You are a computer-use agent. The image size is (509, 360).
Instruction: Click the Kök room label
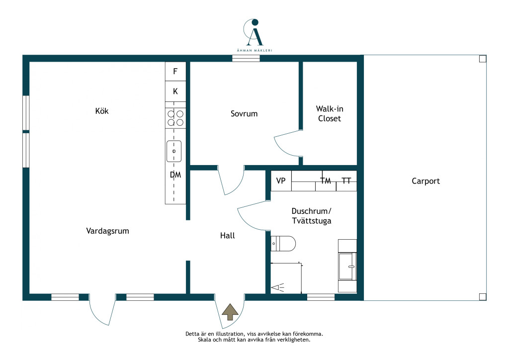point(102,111)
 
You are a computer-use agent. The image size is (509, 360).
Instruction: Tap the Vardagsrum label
point(107,231)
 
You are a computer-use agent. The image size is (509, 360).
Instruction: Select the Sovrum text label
point(244,113)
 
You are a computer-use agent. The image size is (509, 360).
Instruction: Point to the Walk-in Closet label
point(330,113)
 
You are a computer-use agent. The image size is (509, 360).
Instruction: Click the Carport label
point(425,181)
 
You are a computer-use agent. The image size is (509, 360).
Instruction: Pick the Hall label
point(227,236)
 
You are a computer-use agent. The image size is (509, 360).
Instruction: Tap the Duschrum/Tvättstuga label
point(311,216)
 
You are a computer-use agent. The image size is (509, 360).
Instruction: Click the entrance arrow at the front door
point(230,312)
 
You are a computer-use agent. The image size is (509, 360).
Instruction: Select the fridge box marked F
point(175,71)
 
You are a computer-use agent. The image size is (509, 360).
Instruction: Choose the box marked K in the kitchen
point(175,91)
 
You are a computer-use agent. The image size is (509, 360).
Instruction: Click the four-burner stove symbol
point(175,118)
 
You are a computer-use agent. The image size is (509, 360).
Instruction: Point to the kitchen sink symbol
point(174,151)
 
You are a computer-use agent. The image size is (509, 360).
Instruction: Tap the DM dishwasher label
point(175,175)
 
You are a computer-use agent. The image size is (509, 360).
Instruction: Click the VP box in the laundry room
point(281,181)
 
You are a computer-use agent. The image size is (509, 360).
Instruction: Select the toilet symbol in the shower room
point(283,244)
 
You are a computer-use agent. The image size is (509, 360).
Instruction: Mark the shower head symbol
point(277,287)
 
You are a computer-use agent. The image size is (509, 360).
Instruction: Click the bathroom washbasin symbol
point(347,266)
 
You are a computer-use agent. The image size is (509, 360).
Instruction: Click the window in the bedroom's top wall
point(246,59)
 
